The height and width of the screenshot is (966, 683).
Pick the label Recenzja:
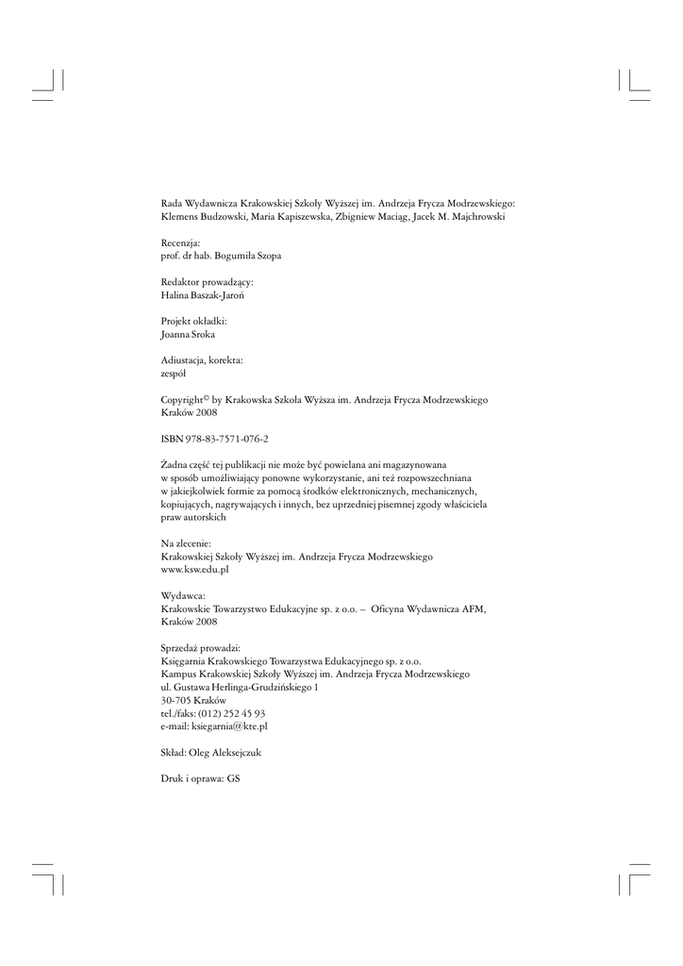pos(181,242)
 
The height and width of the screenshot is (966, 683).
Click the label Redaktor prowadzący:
pos(208,281)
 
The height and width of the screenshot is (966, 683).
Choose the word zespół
pos(175,374)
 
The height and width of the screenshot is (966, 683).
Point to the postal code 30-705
pos(175,701)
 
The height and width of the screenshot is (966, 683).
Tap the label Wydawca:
pos(183,596)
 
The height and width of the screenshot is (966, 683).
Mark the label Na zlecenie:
pos(186,544)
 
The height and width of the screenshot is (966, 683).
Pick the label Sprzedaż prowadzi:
pos(201,648)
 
